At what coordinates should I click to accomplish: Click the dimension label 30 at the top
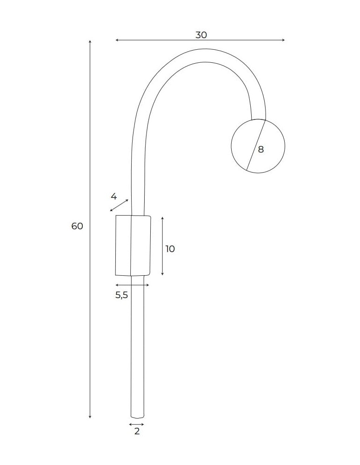tap(201, 35)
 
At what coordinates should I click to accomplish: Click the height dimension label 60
tap(77, 226)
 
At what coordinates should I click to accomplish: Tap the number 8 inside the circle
tap(260, 149)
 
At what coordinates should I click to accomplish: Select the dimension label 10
tap(170, 249)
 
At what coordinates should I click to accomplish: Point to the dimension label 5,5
tap(121, 295)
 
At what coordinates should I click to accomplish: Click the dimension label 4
tap(114, 196)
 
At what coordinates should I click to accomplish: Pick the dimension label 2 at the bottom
tap(137, 432)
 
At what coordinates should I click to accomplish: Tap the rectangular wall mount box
tap(133, 245)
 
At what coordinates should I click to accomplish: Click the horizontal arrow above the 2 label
tap(137, 424)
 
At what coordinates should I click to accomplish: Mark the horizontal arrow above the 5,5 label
tap(133, 285)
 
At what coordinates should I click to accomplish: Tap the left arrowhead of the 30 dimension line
tap(117, 40)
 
